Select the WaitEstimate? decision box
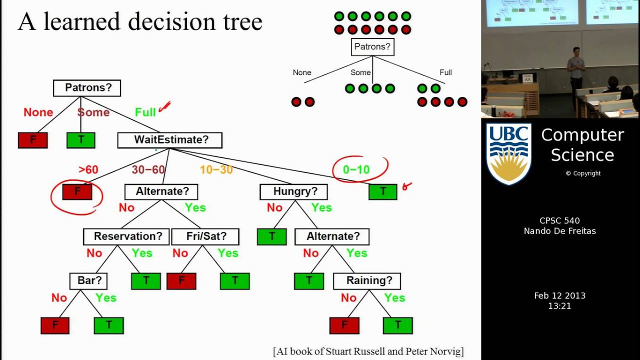[169, 140]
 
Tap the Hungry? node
[293, 191]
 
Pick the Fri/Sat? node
[205, 236]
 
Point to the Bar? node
[88, 281]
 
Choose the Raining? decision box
[367, 281]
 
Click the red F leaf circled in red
[77, 192]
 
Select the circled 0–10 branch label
[356, 169]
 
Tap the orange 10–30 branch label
[216, 170]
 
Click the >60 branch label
[88, 170]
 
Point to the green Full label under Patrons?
[145, 112]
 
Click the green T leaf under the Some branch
[80, 140]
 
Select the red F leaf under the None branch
[32, 140]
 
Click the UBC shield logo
[508, 153]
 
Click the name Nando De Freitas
[559, 231]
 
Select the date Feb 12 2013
[559, 295]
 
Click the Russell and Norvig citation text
[368, 351]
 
